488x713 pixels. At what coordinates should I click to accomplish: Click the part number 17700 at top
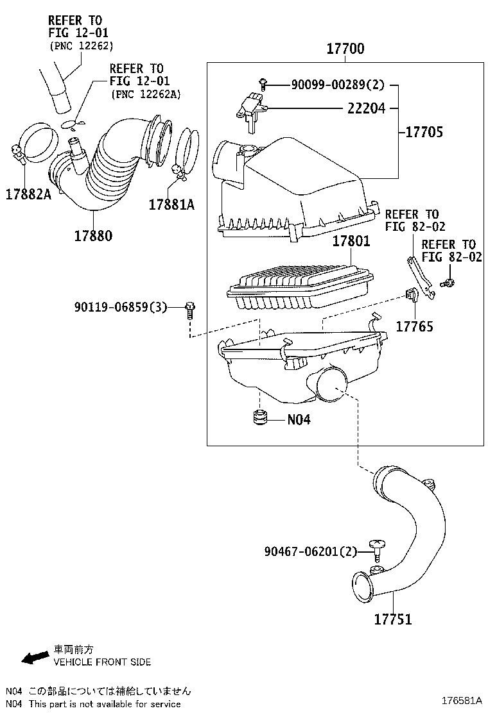345,49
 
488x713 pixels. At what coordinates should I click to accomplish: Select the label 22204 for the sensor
366,109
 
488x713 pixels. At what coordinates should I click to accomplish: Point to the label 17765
414,326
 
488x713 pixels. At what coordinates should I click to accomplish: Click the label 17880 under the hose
92,235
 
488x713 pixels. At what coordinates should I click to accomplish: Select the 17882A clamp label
28,194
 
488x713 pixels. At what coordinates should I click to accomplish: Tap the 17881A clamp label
171,205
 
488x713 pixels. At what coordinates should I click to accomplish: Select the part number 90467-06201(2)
310,551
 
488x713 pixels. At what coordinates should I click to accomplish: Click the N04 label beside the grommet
299,420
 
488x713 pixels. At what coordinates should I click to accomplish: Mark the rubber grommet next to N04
259,418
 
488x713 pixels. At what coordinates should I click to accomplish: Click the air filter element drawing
299,286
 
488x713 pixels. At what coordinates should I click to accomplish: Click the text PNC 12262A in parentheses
146,94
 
